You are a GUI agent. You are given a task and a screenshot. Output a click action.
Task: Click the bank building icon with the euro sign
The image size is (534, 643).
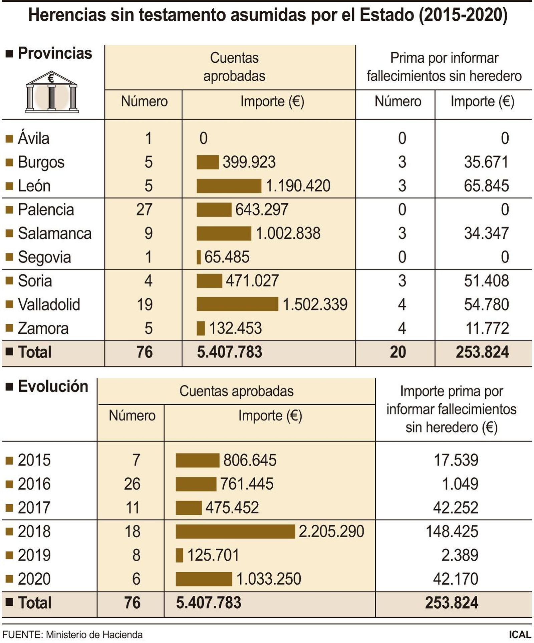click(51, 92)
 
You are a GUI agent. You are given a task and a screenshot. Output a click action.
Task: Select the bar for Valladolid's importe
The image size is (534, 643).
click(237, 304)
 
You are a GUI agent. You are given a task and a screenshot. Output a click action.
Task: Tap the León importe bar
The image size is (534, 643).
click(229, 186)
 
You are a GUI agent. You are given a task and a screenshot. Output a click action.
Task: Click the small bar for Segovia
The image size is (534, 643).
click(199, 257)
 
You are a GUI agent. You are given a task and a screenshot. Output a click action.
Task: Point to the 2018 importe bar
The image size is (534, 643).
click(235, 531)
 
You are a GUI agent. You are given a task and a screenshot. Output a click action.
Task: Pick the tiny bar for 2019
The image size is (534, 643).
click(180, 555)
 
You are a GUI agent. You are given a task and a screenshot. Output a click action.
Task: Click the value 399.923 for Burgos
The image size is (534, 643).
click(249, 162)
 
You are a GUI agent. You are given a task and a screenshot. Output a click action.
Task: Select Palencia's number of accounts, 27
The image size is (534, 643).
click(144, 210)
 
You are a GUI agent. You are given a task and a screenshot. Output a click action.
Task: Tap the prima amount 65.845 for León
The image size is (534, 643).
click(486, 186)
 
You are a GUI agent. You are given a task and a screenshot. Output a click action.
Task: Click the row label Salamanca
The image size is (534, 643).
click(55, 233)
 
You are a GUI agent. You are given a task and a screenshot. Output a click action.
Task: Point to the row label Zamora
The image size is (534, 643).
click(43, 329)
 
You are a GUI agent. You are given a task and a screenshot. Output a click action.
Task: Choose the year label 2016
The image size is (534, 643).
click(34, 484)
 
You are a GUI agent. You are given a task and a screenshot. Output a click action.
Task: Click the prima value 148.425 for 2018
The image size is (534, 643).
click(452, 531)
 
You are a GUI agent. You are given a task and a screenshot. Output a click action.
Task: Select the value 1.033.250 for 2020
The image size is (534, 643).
click(269, 579)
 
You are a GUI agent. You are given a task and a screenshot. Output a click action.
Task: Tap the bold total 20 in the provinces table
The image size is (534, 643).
click(398, 352)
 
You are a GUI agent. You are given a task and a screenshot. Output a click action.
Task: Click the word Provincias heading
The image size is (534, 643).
click(55, 53)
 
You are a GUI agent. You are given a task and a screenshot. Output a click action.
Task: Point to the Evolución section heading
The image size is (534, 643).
click(53, 386)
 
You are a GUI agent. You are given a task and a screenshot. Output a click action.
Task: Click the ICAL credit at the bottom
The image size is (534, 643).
click(520, 634)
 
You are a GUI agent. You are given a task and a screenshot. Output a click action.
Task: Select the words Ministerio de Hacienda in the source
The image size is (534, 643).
click(94, 634)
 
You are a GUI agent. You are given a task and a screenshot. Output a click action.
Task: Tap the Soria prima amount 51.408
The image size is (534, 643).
click(486, 281)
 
